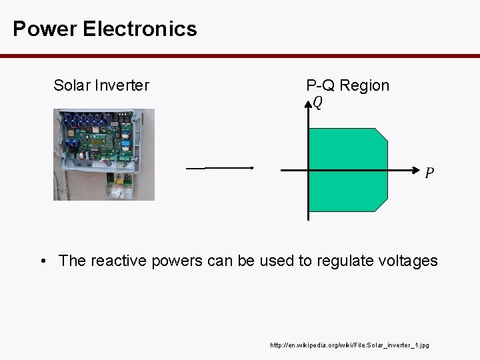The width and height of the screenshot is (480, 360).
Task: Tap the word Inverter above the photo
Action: click(x=123, y=85)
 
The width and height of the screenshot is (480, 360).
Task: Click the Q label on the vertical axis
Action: click(x=318, y=103)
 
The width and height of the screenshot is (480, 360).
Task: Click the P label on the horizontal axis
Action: click(x=429, y=173)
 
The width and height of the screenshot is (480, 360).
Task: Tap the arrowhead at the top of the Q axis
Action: click(x=308, y=103)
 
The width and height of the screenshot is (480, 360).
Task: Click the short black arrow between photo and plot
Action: click(x=221, y=168)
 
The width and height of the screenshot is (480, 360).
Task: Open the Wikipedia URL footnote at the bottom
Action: click(x=349, y=345)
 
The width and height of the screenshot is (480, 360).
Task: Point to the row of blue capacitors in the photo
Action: click(x=83, y=121)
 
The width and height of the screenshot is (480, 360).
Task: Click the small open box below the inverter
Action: click(x=121, y=186)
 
